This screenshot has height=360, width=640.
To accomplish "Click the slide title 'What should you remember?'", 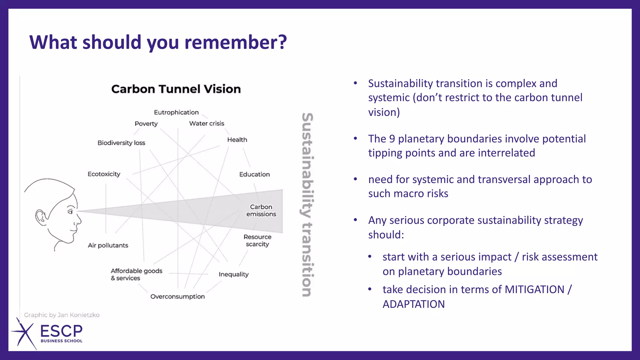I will point(158,42).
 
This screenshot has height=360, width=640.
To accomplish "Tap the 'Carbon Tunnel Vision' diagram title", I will point(176,89).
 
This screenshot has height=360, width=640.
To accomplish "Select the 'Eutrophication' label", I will point(176,112).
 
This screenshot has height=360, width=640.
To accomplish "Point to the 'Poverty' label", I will point(146,124).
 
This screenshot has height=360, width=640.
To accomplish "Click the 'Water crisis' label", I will point(207,123).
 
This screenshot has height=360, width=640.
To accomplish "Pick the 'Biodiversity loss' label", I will point(121,143).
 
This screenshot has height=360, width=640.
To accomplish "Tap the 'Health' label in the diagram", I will point(237,140).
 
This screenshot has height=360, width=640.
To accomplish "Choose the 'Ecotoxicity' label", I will point(104,174).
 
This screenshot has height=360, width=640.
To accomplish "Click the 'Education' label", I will point(254,174).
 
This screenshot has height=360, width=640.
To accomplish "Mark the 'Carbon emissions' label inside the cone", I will point(261,211).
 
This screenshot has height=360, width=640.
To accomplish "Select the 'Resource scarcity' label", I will point(257,241).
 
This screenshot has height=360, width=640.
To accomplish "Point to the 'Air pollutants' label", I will point(108,245).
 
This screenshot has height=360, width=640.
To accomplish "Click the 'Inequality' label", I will point(233,274).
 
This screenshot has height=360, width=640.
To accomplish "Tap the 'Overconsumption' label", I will point(177,297).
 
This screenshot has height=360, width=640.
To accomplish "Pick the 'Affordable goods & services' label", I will point(136,274).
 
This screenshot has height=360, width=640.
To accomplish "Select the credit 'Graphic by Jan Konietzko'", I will point(62,315).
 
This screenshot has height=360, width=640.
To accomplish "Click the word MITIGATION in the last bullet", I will point(534,289).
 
